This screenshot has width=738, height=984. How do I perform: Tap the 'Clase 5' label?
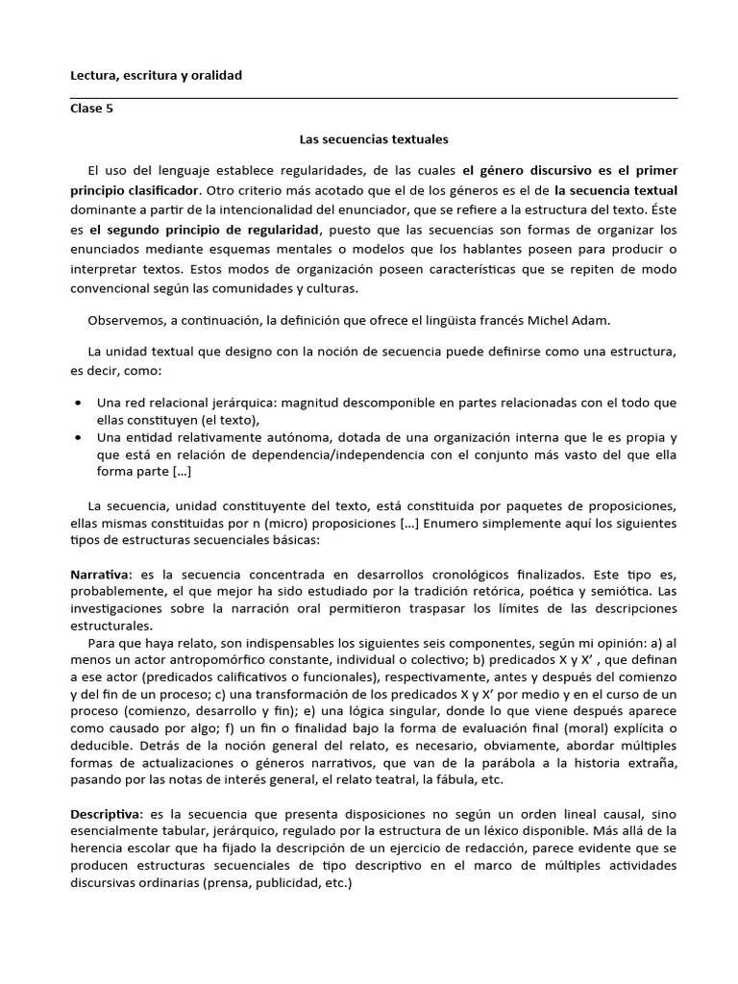pos(91,109)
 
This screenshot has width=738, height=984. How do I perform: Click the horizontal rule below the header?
pos(373,97)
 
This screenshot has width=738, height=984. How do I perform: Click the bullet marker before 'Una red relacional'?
pos(77,403)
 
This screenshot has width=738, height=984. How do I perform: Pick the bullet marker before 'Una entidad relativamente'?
pos(77,437)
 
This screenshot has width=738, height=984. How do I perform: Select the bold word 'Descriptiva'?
pos(106,814)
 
